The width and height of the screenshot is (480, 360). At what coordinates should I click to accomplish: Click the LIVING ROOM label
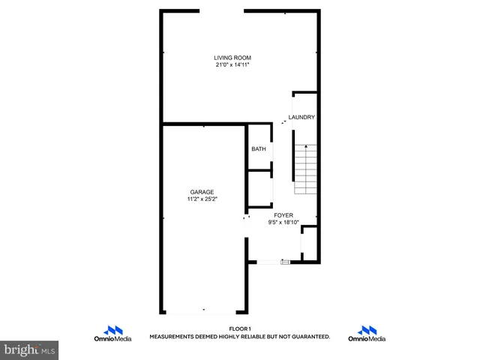click(232, 58)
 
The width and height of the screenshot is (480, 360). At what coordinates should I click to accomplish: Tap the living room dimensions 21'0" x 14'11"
click(232, 65)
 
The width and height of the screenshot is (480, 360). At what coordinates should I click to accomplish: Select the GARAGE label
click(202, 192)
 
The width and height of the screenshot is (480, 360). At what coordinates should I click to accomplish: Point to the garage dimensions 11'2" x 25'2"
click(202, 199)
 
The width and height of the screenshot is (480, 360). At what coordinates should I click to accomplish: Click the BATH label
click(259, 149)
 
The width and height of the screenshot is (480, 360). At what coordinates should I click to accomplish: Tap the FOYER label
click(283, 215)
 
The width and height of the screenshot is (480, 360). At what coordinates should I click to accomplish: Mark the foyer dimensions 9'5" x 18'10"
click(283, 223)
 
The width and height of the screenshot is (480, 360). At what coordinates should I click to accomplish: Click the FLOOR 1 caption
click(239, 328)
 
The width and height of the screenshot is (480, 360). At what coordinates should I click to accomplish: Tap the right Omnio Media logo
click(367, 334)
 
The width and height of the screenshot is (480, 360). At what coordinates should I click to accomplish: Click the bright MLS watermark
click(30, 349)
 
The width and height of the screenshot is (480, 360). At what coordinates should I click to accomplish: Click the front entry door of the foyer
click(268, 262)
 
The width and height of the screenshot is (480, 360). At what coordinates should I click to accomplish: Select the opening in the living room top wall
click(222, 10)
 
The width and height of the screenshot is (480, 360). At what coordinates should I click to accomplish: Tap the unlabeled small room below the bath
click(259, 189)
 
